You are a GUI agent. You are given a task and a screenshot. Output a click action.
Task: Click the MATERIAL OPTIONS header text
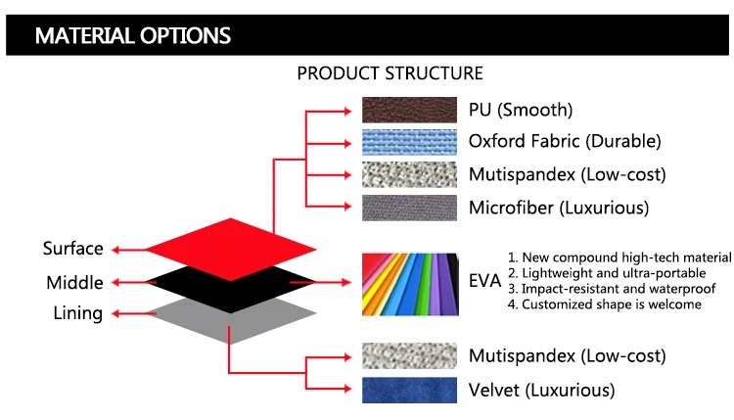click(132, 36)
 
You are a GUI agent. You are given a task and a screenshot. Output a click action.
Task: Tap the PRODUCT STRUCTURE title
click(390, 73)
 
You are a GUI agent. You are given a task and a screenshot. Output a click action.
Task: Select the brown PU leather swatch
click(410, 109)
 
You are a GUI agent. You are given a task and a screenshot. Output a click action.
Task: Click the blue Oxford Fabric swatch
click(410, 142)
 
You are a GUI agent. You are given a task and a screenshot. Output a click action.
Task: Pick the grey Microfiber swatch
click(410, 208)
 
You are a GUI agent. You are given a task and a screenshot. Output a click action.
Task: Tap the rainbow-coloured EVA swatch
click(410, 282)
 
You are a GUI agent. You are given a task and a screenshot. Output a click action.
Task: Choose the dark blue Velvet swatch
click(410, 390)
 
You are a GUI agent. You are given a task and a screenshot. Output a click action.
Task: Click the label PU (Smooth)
click(521, 110)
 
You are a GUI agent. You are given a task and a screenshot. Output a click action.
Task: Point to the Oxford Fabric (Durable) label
click(565, 142)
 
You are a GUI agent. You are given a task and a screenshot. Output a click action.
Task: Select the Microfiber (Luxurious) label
click(559, 208)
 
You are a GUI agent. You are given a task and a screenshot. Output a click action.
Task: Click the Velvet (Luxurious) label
click(542, 390)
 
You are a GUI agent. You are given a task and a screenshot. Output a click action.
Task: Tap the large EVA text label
click(485, 282)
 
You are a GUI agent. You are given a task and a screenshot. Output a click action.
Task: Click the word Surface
click(72, 249)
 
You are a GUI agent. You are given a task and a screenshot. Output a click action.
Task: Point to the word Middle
click(74, 283)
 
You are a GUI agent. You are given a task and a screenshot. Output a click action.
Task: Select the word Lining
click(76, 313)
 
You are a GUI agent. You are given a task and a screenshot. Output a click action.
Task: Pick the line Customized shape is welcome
click(605, 304)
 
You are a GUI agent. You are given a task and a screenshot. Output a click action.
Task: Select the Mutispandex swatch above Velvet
click(410, 356)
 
